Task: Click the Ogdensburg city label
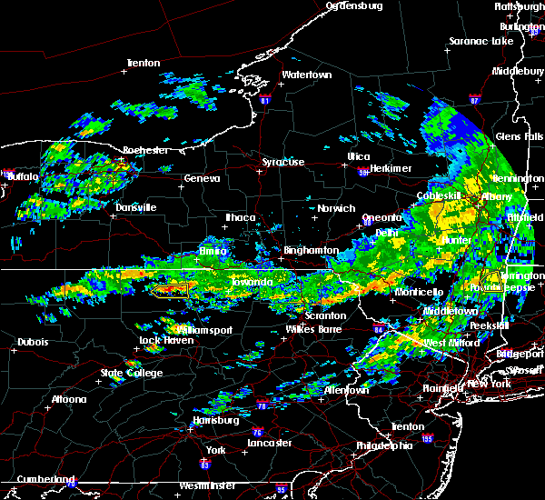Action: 355,5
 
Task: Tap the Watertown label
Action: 306,75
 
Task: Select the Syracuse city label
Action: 283,162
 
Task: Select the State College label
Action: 132,374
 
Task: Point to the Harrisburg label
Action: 215,421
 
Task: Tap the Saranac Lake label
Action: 481,42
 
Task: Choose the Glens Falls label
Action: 519,136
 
